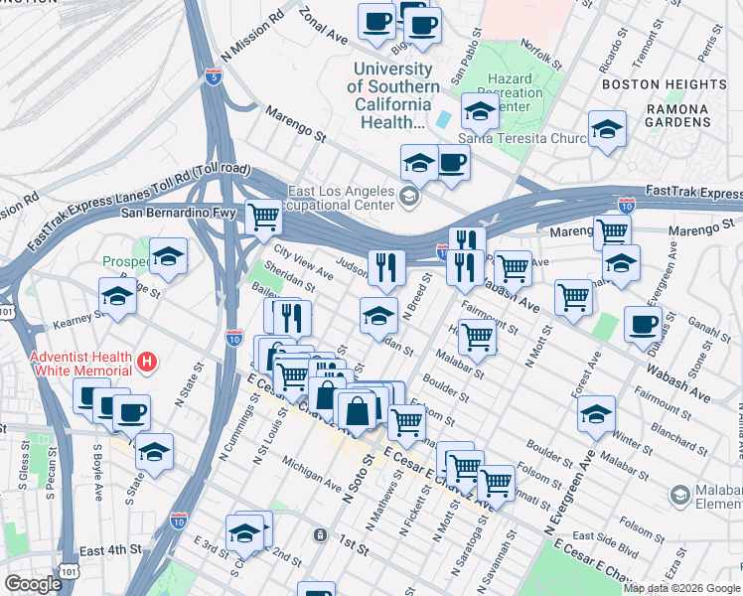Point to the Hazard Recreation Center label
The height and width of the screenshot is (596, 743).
pos(516,92)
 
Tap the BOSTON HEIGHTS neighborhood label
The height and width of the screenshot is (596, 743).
pos(665,84)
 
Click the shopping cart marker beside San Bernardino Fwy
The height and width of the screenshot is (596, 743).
pos(263,216)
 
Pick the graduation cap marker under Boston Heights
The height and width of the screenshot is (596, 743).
pos(607,129)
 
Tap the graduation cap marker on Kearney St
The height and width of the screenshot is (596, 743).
pos(117,295)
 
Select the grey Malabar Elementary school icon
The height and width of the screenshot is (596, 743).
pos(680,494)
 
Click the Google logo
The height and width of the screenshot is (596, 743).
pos(33,584)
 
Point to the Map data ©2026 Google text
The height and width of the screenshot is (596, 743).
pos(681,588)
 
